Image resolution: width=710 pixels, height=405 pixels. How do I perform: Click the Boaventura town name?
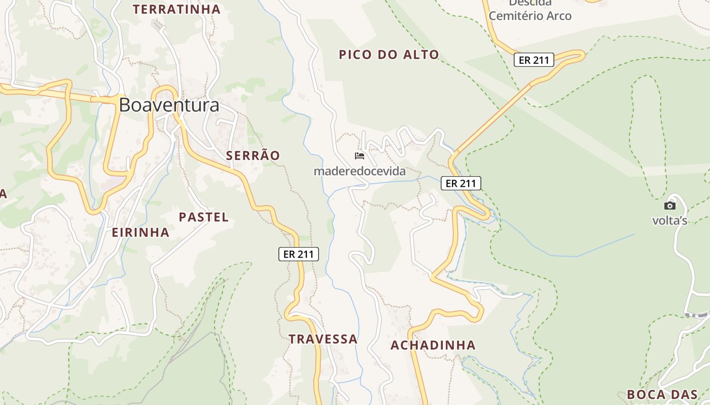pos(169,105)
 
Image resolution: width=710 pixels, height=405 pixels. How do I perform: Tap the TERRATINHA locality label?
pos(176,9)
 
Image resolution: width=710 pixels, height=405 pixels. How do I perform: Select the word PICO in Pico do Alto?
pos(356,55)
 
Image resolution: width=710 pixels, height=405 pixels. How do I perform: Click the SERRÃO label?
pos(253,155)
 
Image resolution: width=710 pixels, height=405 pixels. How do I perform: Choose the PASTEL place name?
pos(203,217)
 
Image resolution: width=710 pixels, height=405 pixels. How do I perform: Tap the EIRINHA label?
pos(140,232)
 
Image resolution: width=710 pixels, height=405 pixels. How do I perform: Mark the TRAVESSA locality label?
pos(323,339)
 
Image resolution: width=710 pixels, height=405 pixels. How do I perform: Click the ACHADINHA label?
pos(433,345)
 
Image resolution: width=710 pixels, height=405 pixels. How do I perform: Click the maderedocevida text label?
pos(360,171)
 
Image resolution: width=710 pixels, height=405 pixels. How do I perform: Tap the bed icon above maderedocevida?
pos(360,156)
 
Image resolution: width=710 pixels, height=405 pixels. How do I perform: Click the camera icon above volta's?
pos(669,206)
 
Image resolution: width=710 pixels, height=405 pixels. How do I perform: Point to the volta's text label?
pos(669,220)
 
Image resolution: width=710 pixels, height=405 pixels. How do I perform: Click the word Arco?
pos(558,16)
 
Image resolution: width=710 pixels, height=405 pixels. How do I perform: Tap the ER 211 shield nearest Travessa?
pos(299,254)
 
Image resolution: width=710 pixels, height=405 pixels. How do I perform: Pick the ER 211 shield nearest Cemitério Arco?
pos(534,60)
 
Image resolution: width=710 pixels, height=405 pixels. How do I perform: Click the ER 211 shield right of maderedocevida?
pos(460,183)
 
